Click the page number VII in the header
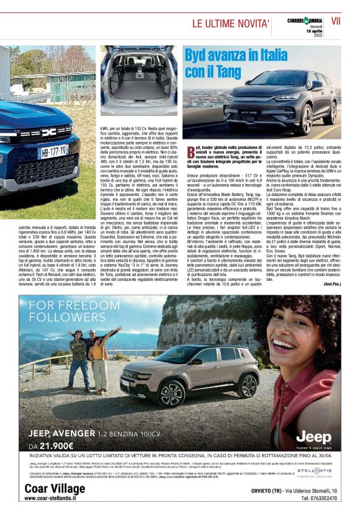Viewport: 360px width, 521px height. [335, 20]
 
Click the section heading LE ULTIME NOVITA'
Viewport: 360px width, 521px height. [230, 24]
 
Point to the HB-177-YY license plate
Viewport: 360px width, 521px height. [53, 151]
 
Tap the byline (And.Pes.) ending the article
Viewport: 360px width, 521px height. [332, 283]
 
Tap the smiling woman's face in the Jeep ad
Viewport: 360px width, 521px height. [294, 341]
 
